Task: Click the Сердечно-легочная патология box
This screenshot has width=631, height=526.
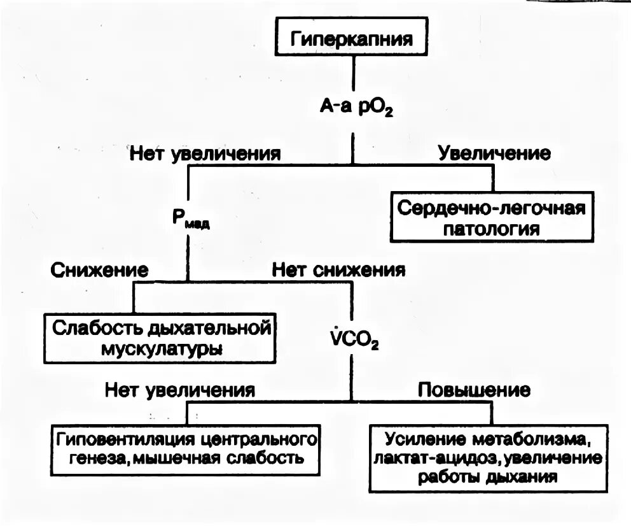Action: (x=492, y=217)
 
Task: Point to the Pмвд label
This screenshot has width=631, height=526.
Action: (x=190, y=218)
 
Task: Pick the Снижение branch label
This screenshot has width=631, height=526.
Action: (x=99, y=269)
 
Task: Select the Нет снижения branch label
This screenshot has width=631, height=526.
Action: (x=338, y=269)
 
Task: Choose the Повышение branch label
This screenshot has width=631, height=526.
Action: (x=474, y=390)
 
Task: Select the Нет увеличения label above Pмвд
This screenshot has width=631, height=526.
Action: (x=205, y=153)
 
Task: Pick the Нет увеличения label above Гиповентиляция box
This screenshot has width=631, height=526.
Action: (x=180, y=390)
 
